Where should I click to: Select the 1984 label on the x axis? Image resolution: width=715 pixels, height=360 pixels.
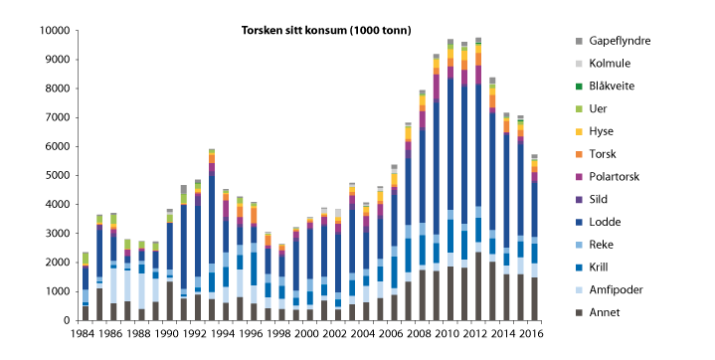click(x=85, y=334)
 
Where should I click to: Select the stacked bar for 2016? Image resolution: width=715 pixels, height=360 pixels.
click(x=535, y=238)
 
